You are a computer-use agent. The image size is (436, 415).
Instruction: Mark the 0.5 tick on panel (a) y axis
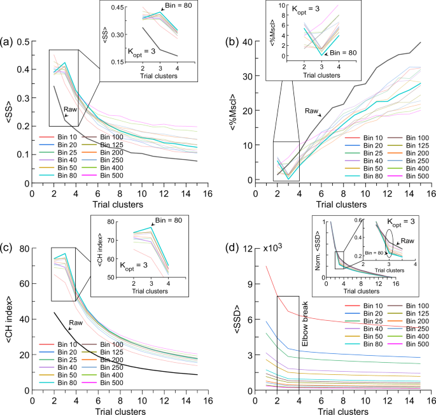[x=23, y=42]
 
